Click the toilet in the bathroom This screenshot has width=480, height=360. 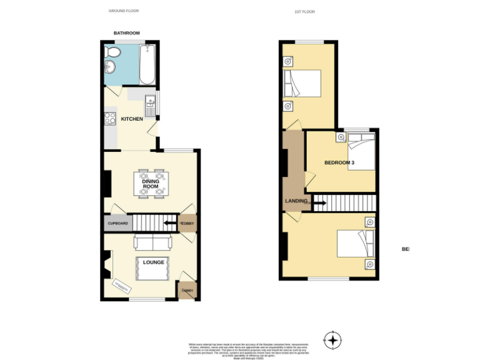click(x=115, y=51)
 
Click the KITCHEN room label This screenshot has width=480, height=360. click(x=132, y=119)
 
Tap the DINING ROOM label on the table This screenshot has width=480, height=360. click(x=150, y=184)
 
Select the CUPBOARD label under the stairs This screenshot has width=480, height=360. click(x=117, y=223)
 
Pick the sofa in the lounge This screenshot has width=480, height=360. click(x=152, y=242)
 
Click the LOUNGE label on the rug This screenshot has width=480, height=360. click(x=154, y=262)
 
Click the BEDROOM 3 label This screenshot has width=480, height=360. click(x=339, y=162)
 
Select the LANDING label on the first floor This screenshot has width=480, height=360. click(x=296, y=201)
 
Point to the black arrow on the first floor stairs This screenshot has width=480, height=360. click(x=319, y=202)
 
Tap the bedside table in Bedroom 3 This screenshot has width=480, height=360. click(x=341, y=136)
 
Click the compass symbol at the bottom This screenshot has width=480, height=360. click(x=333, y=341)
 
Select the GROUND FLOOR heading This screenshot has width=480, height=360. click(x=123, y=11)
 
